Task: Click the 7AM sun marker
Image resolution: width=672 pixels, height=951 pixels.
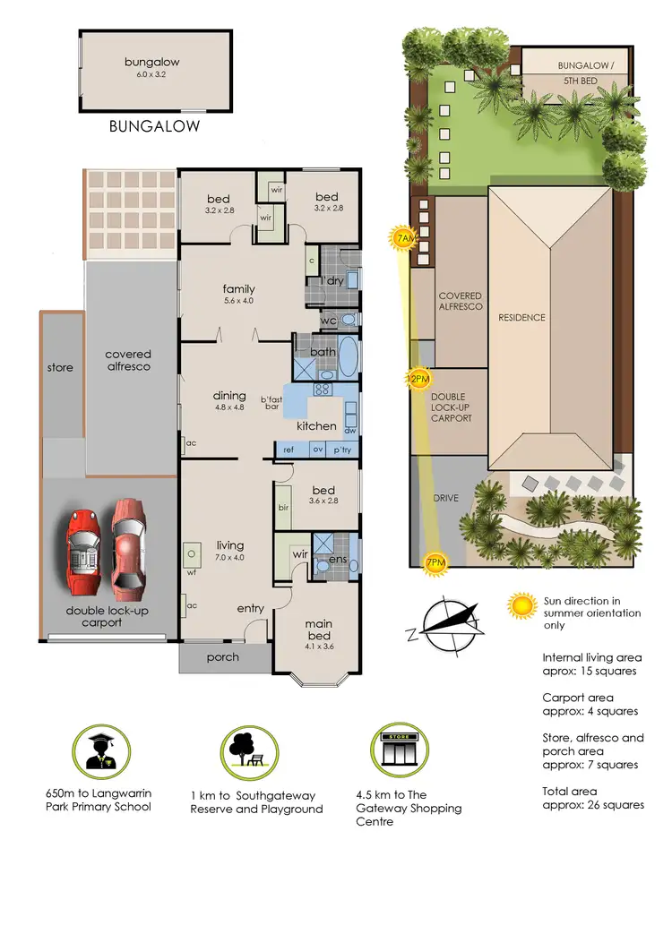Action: [404, 238]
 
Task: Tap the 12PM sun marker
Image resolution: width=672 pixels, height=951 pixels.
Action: [418, 378]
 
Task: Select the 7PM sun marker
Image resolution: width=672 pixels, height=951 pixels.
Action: [435, 562]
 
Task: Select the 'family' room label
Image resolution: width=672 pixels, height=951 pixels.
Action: [239, 288]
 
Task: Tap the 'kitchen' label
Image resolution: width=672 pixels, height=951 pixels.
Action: [316, 426]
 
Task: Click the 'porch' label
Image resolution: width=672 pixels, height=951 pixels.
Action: [223, 657]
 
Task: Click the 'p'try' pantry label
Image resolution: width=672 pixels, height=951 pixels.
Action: [341, 450]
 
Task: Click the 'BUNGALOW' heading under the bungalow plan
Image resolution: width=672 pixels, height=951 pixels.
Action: [154, 126]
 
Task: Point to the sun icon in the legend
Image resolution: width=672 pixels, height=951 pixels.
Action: [521, 606]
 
